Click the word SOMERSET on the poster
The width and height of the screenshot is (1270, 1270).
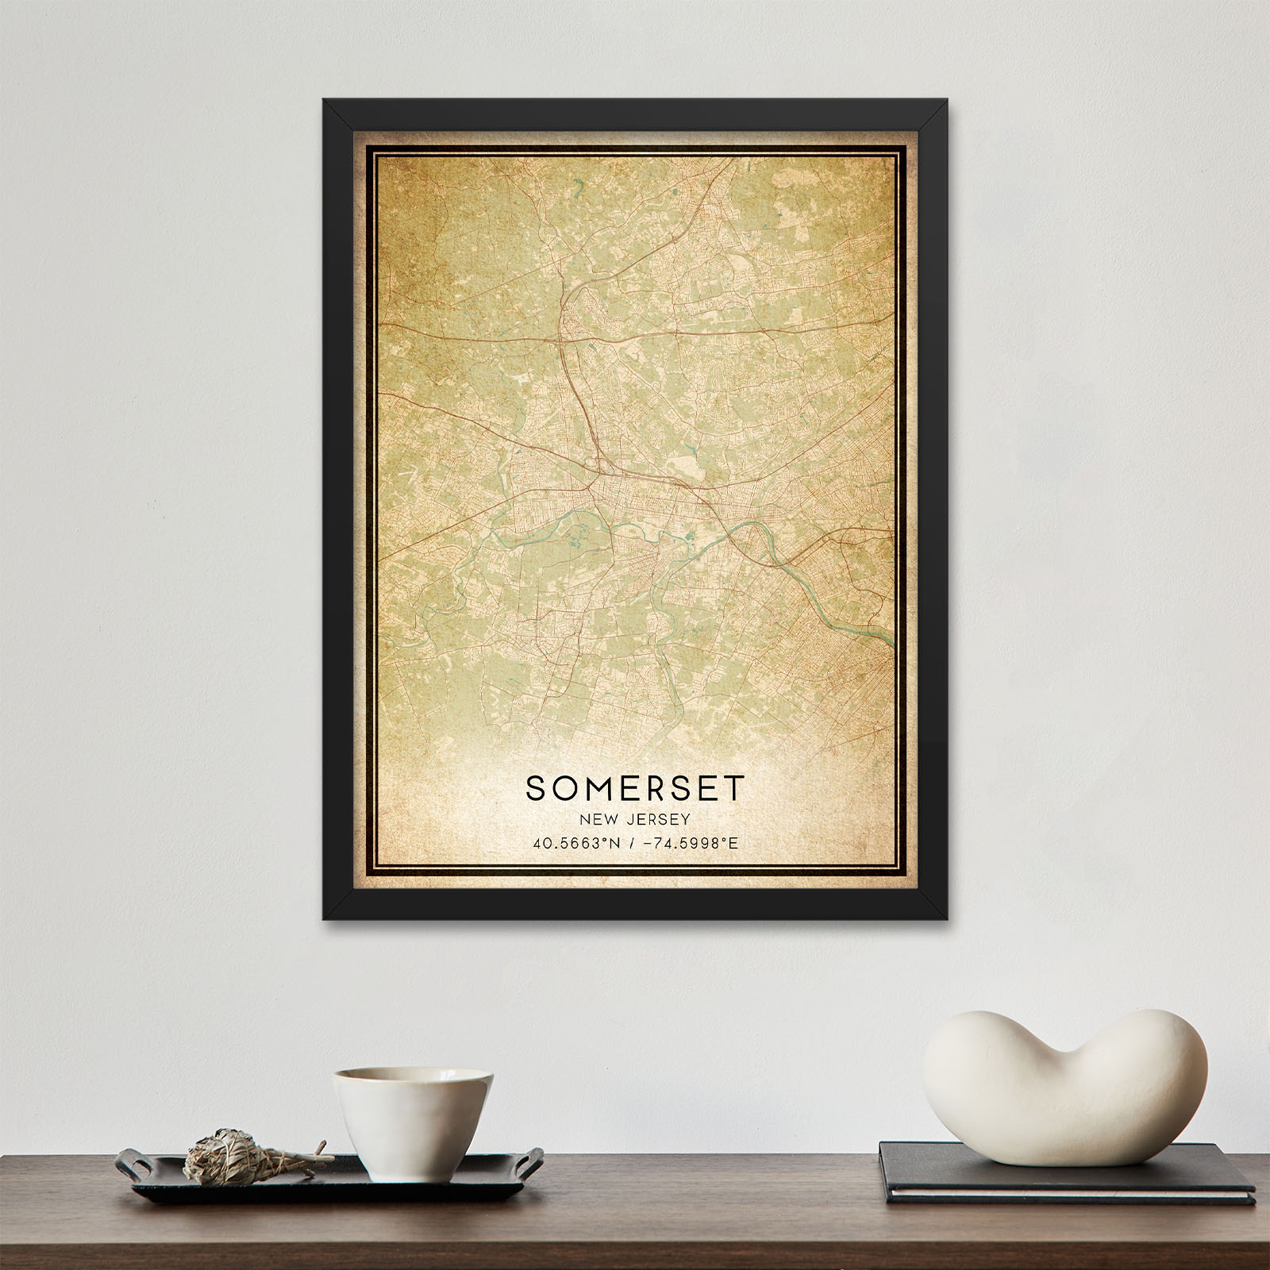pos(635,787)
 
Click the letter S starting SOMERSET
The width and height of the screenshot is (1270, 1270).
pos(535,787)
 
